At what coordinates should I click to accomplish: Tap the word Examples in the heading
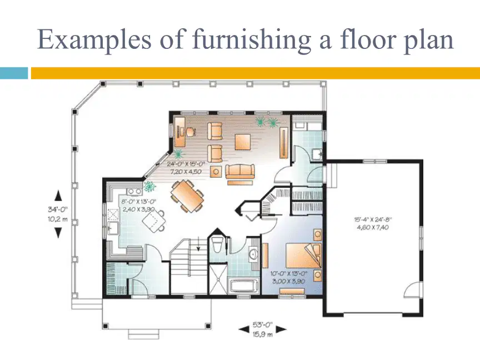[94, 40]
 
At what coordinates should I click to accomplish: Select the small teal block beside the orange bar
[14, 73]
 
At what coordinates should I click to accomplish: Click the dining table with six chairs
[188, 196]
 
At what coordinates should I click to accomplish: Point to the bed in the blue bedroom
[303, 256]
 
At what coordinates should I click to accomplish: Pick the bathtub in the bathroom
[244, 286]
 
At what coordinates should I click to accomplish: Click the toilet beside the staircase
[217, 244]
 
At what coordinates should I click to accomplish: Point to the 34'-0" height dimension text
[58, 209]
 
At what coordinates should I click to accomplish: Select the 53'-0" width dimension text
[262, 325]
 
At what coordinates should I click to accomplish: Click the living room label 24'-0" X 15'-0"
[186, 164]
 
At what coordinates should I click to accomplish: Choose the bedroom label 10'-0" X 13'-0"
[289, 273]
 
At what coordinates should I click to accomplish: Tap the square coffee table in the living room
[243, 142]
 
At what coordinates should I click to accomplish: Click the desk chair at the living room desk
[191, 132]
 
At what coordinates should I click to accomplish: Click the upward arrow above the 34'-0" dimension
[58, 196]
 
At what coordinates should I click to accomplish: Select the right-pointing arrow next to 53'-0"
[281, 329]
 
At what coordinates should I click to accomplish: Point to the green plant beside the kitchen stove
[149, 186]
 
